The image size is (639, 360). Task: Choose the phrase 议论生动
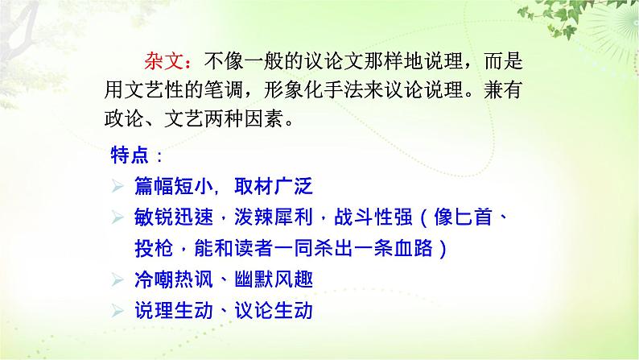tap(274, 310)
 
